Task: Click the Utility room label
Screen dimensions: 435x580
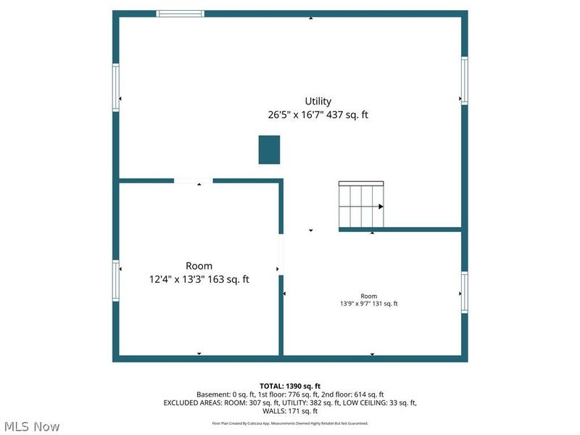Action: tap(318, 101)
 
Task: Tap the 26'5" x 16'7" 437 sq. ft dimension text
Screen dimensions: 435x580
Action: tap(318, 115)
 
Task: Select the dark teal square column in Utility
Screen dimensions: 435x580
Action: tap(269, 149)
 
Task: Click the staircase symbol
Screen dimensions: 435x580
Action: tap(361, 206)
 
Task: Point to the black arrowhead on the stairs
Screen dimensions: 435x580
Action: tap(380, 207)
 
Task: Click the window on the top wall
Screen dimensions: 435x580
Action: tap(181, 13)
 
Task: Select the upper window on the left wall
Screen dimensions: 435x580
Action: tap(115, 87)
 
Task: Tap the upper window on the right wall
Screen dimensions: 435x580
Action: tap(465, 80)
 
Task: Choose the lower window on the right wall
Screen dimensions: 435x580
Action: tap(465, 293)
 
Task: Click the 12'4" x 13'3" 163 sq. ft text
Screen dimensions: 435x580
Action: tap(199, 279)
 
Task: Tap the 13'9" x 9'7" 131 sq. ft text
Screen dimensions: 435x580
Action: tap(369, 304)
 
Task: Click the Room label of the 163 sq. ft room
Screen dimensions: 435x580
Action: tap(199, 266)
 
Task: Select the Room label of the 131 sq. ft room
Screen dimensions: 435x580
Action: tap(369, 296)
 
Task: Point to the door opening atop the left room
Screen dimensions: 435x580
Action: tap(193, 181)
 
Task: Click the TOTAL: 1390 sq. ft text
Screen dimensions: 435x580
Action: tap(290, 386)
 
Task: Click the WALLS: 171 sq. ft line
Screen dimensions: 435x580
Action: tap(290, 411)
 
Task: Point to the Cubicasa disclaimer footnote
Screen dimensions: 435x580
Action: tap(290, 423)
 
